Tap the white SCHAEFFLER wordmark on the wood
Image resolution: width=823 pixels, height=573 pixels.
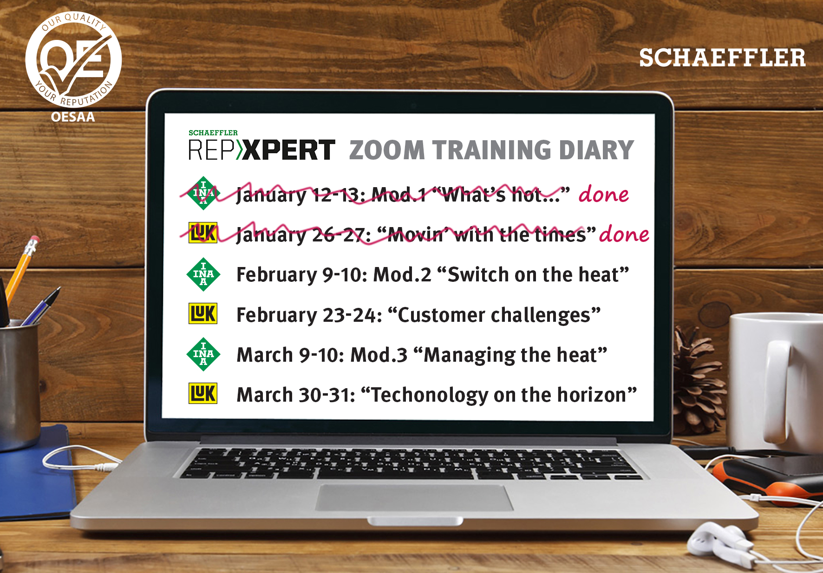coord(722,58)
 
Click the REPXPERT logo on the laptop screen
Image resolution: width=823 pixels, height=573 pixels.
coord(261,146)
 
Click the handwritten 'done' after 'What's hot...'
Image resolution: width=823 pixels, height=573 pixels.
coord(603,194)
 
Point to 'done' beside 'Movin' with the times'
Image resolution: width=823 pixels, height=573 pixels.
coord(624,234)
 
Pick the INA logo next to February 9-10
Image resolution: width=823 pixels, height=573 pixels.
coord(203,274)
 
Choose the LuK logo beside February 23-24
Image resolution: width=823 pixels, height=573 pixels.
coord(203,313)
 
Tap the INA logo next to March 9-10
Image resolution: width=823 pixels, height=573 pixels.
coord(203,354)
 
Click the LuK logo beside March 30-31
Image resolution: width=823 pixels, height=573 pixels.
coord(203,393)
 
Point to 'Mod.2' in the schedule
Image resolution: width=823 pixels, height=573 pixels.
coord(403,274)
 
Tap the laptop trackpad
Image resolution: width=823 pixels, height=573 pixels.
coord(415,498)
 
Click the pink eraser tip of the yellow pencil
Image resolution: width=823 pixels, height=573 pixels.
coord(33,242)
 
